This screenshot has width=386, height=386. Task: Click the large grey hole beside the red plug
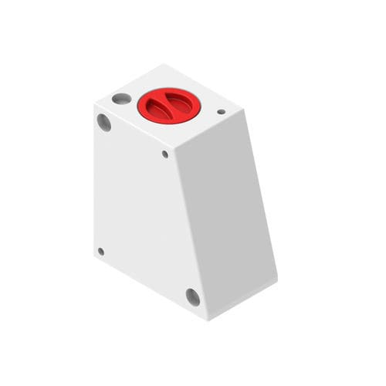pos(121,98)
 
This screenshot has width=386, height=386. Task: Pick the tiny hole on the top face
pos(221,112)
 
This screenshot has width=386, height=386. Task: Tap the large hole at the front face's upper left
pos(103,122)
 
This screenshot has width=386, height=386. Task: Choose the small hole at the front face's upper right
pos(164,154)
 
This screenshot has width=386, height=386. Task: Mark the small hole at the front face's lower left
pos(100,251)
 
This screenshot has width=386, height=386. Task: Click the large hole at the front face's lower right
pos(192,296)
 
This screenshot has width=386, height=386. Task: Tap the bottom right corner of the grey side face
pos(277,279)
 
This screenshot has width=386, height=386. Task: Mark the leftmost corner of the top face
pos(94,103)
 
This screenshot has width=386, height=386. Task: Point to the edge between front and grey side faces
pos(194,232)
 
